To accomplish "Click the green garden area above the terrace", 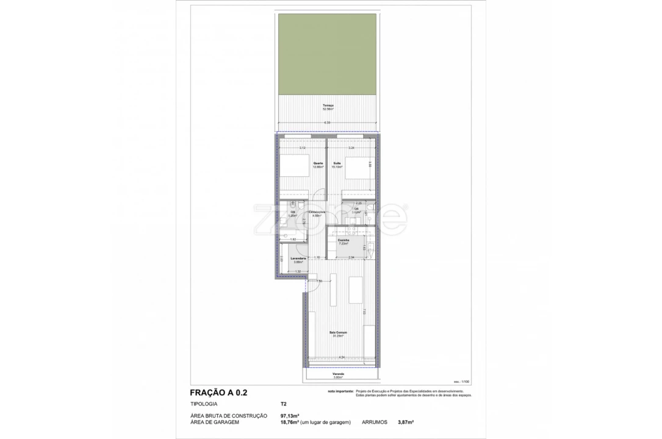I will (327, 54).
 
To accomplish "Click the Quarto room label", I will (318, 164).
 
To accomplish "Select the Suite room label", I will (336, 164).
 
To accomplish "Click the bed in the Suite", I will (358, 167).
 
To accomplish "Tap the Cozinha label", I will (344, 241).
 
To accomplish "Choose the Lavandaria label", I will (290, 259).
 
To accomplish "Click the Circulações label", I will (317, 212).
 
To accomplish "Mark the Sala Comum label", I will (338, 333).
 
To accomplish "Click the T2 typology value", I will (283, 404).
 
